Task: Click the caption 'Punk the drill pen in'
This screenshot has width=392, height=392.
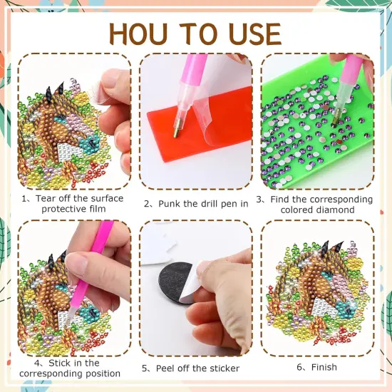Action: (196, 204)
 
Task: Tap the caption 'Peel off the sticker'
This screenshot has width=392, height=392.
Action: (195, 368)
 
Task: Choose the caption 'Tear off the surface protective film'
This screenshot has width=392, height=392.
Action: (73, 204)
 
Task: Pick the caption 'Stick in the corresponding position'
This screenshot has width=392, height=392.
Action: (70, 368)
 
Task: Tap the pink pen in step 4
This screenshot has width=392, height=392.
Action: (96, 249)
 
